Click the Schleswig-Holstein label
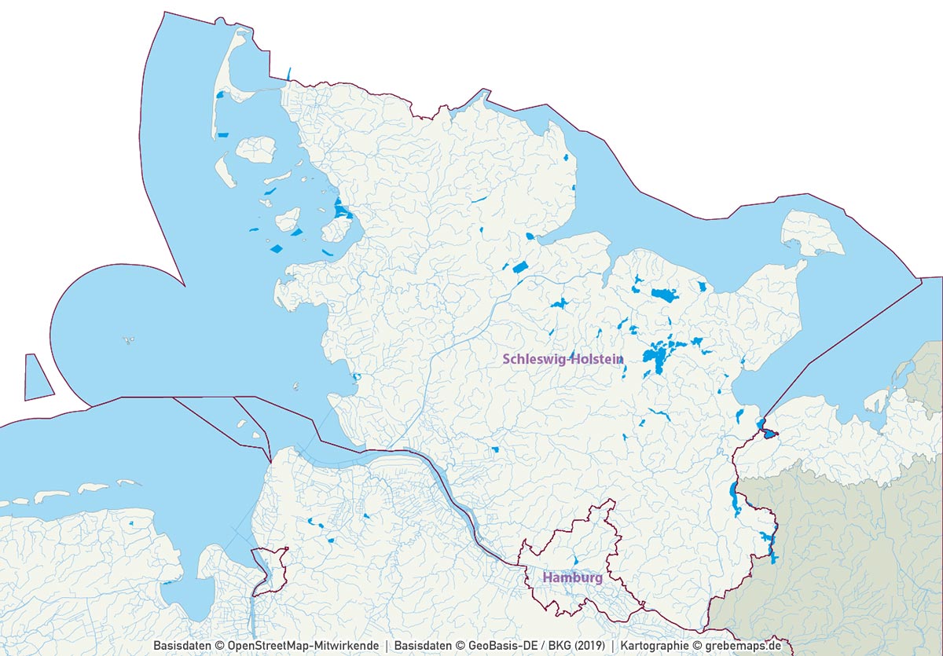click(x=563, y=359)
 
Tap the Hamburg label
click(x=572, y=577)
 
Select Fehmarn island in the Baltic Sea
click(x=813, y=233)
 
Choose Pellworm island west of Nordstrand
click(x=288, y=219)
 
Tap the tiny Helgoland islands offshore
click(x=127, y=341)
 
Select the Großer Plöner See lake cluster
click(x=656, y=357)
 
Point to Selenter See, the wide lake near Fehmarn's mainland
click(x=664, y=295)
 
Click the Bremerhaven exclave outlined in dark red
click(x=269, y=570)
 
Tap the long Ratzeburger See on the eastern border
click(x=734, y=500)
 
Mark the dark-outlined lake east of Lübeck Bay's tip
click(x=768, y=431)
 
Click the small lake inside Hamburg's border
click(x=574, y=560)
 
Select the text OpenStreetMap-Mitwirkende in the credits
click(x=303, y=645)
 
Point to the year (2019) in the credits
click(x=589, y=645)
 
